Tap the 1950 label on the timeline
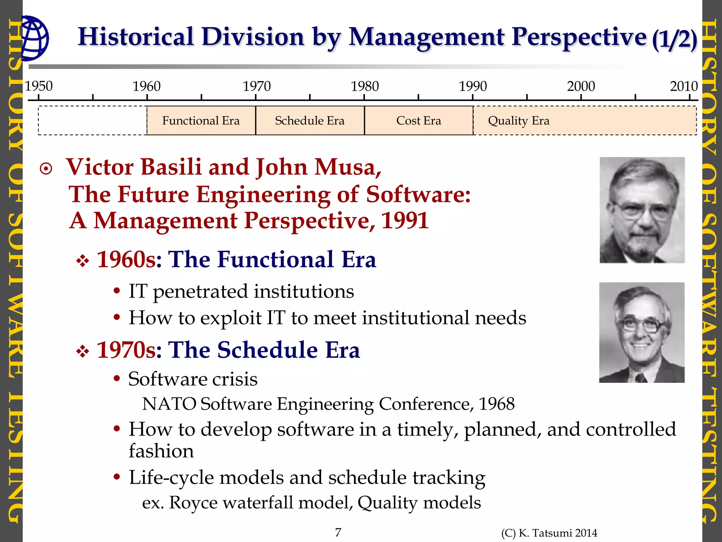[x=38, y=86]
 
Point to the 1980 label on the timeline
[x=365, y=86]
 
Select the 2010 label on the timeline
[x=684, y=86]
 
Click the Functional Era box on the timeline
[x=201, y=121]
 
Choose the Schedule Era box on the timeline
[x=310, y=121]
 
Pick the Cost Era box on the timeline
[x=418, y=121]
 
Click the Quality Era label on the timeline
[x=519, y=121]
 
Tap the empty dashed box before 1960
[x=92, y=121]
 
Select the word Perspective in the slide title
[x=579, y=37]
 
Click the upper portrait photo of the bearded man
[x=642, y=210]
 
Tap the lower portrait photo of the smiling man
[x=642, y=332]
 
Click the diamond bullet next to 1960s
[x=82, y=261]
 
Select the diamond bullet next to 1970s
[x=82, y=351]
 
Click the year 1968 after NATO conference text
[x=496, y=404]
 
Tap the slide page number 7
[x=338, y=532]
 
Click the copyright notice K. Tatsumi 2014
[x=549, y=533]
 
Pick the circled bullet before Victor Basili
[x=46, y=169]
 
